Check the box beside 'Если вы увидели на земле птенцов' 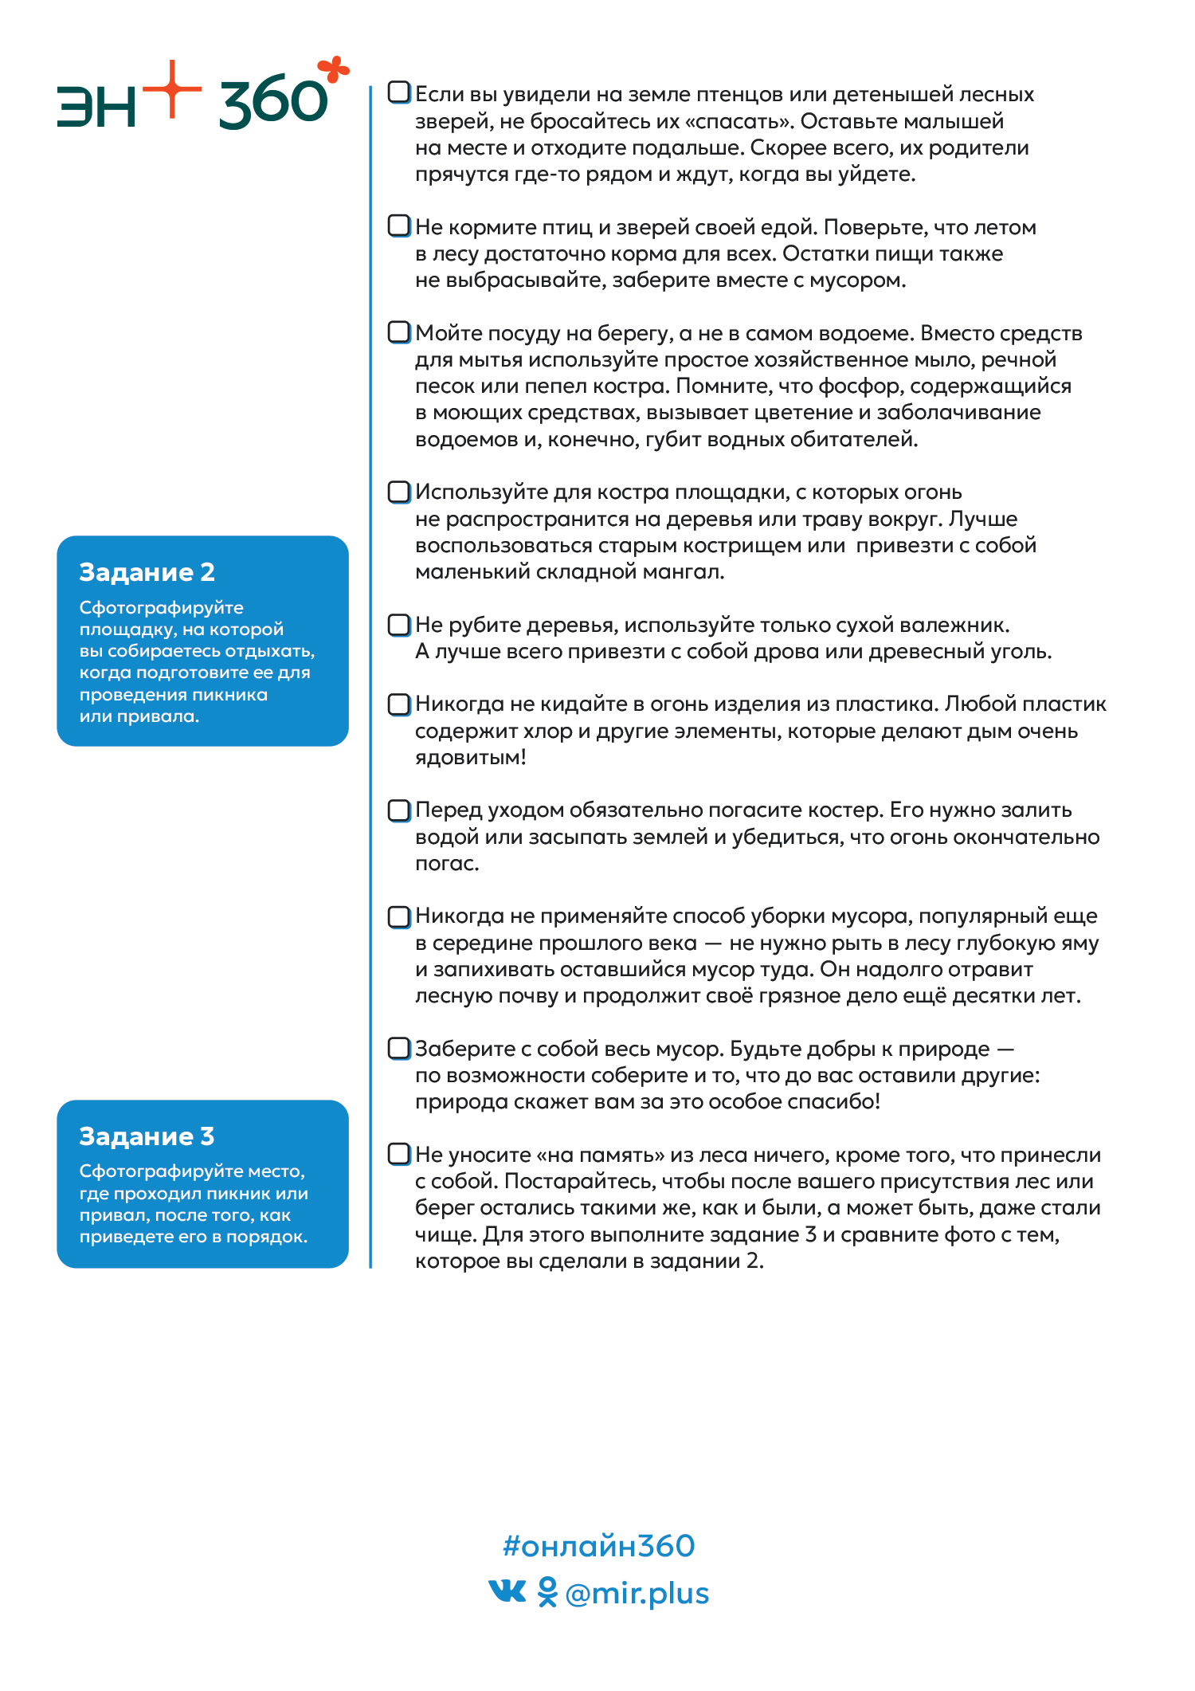(399, 92)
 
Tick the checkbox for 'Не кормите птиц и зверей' (399, 226)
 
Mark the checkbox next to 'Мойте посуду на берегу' (399, 332)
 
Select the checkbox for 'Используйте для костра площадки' (399, 492)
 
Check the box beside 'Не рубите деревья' (399, 625)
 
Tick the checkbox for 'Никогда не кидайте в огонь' (399, 704)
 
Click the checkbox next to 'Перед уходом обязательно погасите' (399, 810)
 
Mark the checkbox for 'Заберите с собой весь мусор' (399, 1048)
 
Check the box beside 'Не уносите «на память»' (399, 1154)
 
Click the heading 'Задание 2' (147, 572)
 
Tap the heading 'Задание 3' (147, 1136)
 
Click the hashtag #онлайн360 (598, 1546)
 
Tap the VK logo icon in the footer (507, 1591)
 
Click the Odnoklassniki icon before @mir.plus (547, 1592)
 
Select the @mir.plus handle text (637, 1594)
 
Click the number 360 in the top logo (272, 104)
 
